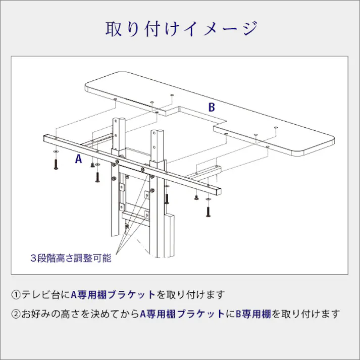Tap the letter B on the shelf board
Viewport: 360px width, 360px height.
point(212,107)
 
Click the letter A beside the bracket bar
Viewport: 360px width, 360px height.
point(78,159)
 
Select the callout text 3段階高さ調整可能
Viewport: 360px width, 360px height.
point(70,258)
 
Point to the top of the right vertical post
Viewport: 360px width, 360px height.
point(157,132)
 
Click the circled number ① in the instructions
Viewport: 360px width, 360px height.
point(16,294)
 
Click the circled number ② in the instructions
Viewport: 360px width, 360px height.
point(16,314)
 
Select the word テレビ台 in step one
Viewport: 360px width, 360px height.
point(41,294)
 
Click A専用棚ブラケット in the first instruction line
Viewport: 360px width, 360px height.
point(113,294)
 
